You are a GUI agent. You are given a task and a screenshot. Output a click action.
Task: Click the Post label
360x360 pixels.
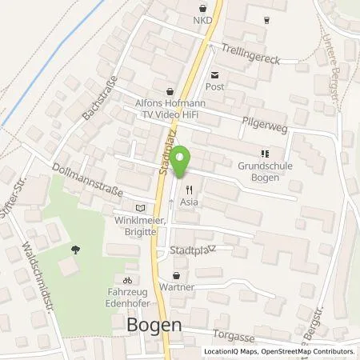pyautogui.click(x=214, y=89)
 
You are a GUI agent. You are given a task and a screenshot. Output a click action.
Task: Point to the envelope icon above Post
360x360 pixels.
pyautogui.click(x=214, y=77)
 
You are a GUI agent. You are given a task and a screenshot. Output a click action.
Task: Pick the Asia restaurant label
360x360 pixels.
pyautogui.click(x=190, y=202)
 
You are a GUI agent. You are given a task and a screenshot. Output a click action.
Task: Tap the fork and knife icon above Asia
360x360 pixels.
pyautogui.click(x=190, y=190)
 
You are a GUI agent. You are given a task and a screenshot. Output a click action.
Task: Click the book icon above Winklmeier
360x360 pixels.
pyautogui.click(x=141, y=206)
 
